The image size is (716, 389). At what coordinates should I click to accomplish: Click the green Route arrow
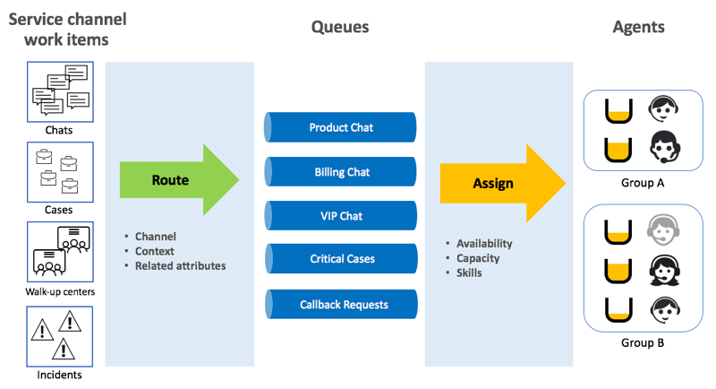pyautogui.click(x=179, y=179)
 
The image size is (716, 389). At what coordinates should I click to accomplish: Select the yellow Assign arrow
pyautogui.click(x=502, y=184)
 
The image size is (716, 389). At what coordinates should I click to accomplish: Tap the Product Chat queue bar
pyautogui.click(x=340, y=127)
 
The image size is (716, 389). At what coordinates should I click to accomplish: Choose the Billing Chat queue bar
pyautogui.click(x=340, y=172)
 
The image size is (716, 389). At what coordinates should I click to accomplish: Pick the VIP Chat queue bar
pyautogui.click(x=341, y=216)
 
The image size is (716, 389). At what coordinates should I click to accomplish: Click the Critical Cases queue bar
pyautogui.click(x=341, y=259)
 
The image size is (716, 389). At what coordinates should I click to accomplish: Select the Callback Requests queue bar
pyautogui.click(x=341, y=305)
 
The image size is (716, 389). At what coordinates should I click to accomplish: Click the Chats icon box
pyautogui.click(x=60, y=92)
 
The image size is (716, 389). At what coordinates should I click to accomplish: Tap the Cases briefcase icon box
pyautogui.click(x=60, y=172)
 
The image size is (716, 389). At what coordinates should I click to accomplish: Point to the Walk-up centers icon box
pyautogui.click(x=60, y=252)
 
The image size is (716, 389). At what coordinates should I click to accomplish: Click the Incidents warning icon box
pyautogui.click(x=60, y=336)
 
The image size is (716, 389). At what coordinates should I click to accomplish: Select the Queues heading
pyautogui.click(x=340, y=28)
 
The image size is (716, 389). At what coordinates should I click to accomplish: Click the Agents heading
pyautogui.click(x=638, y=28)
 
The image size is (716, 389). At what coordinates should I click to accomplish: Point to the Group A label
pyautogui.click(x=643, y=183)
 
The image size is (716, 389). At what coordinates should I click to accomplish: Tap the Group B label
pyautogui.click(x=643, y=342)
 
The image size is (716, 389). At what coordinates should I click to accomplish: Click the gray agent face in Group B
pyautogui.click(x=663, y=231)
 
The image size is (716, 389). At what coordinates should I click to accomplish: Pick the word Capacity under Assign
pyautogui.click(x=478, y=259)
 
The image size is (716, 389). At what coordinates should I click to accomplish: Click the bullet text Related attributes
pyautogui.click(x=181, y=266)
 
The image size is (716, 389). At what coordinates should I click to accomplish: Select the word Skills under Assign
pyautogui.click(x=469, y=272)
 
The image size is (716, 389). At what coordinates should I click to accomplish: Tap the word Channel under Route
pyautogui.click(x=155, y=237)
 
